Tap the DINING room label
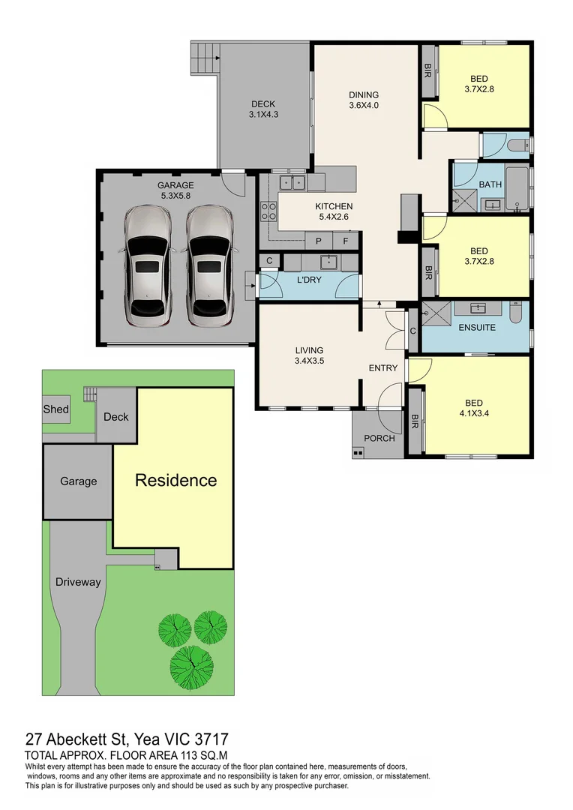[364, 95]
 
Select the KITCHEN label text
[334, 207]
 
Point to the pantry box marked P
[319, 241]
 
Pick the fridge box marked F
[346, 241]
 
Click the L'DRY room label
[309, 280]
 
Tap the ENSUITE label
[477, 328]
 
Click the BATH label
[490, 184]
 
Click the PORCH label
[379, 439]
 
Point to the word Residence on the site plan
[176, 481]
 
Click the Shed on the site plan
[56, 409]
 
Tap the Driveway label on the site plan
[78, 582]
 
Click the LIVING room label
[309, 350]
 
